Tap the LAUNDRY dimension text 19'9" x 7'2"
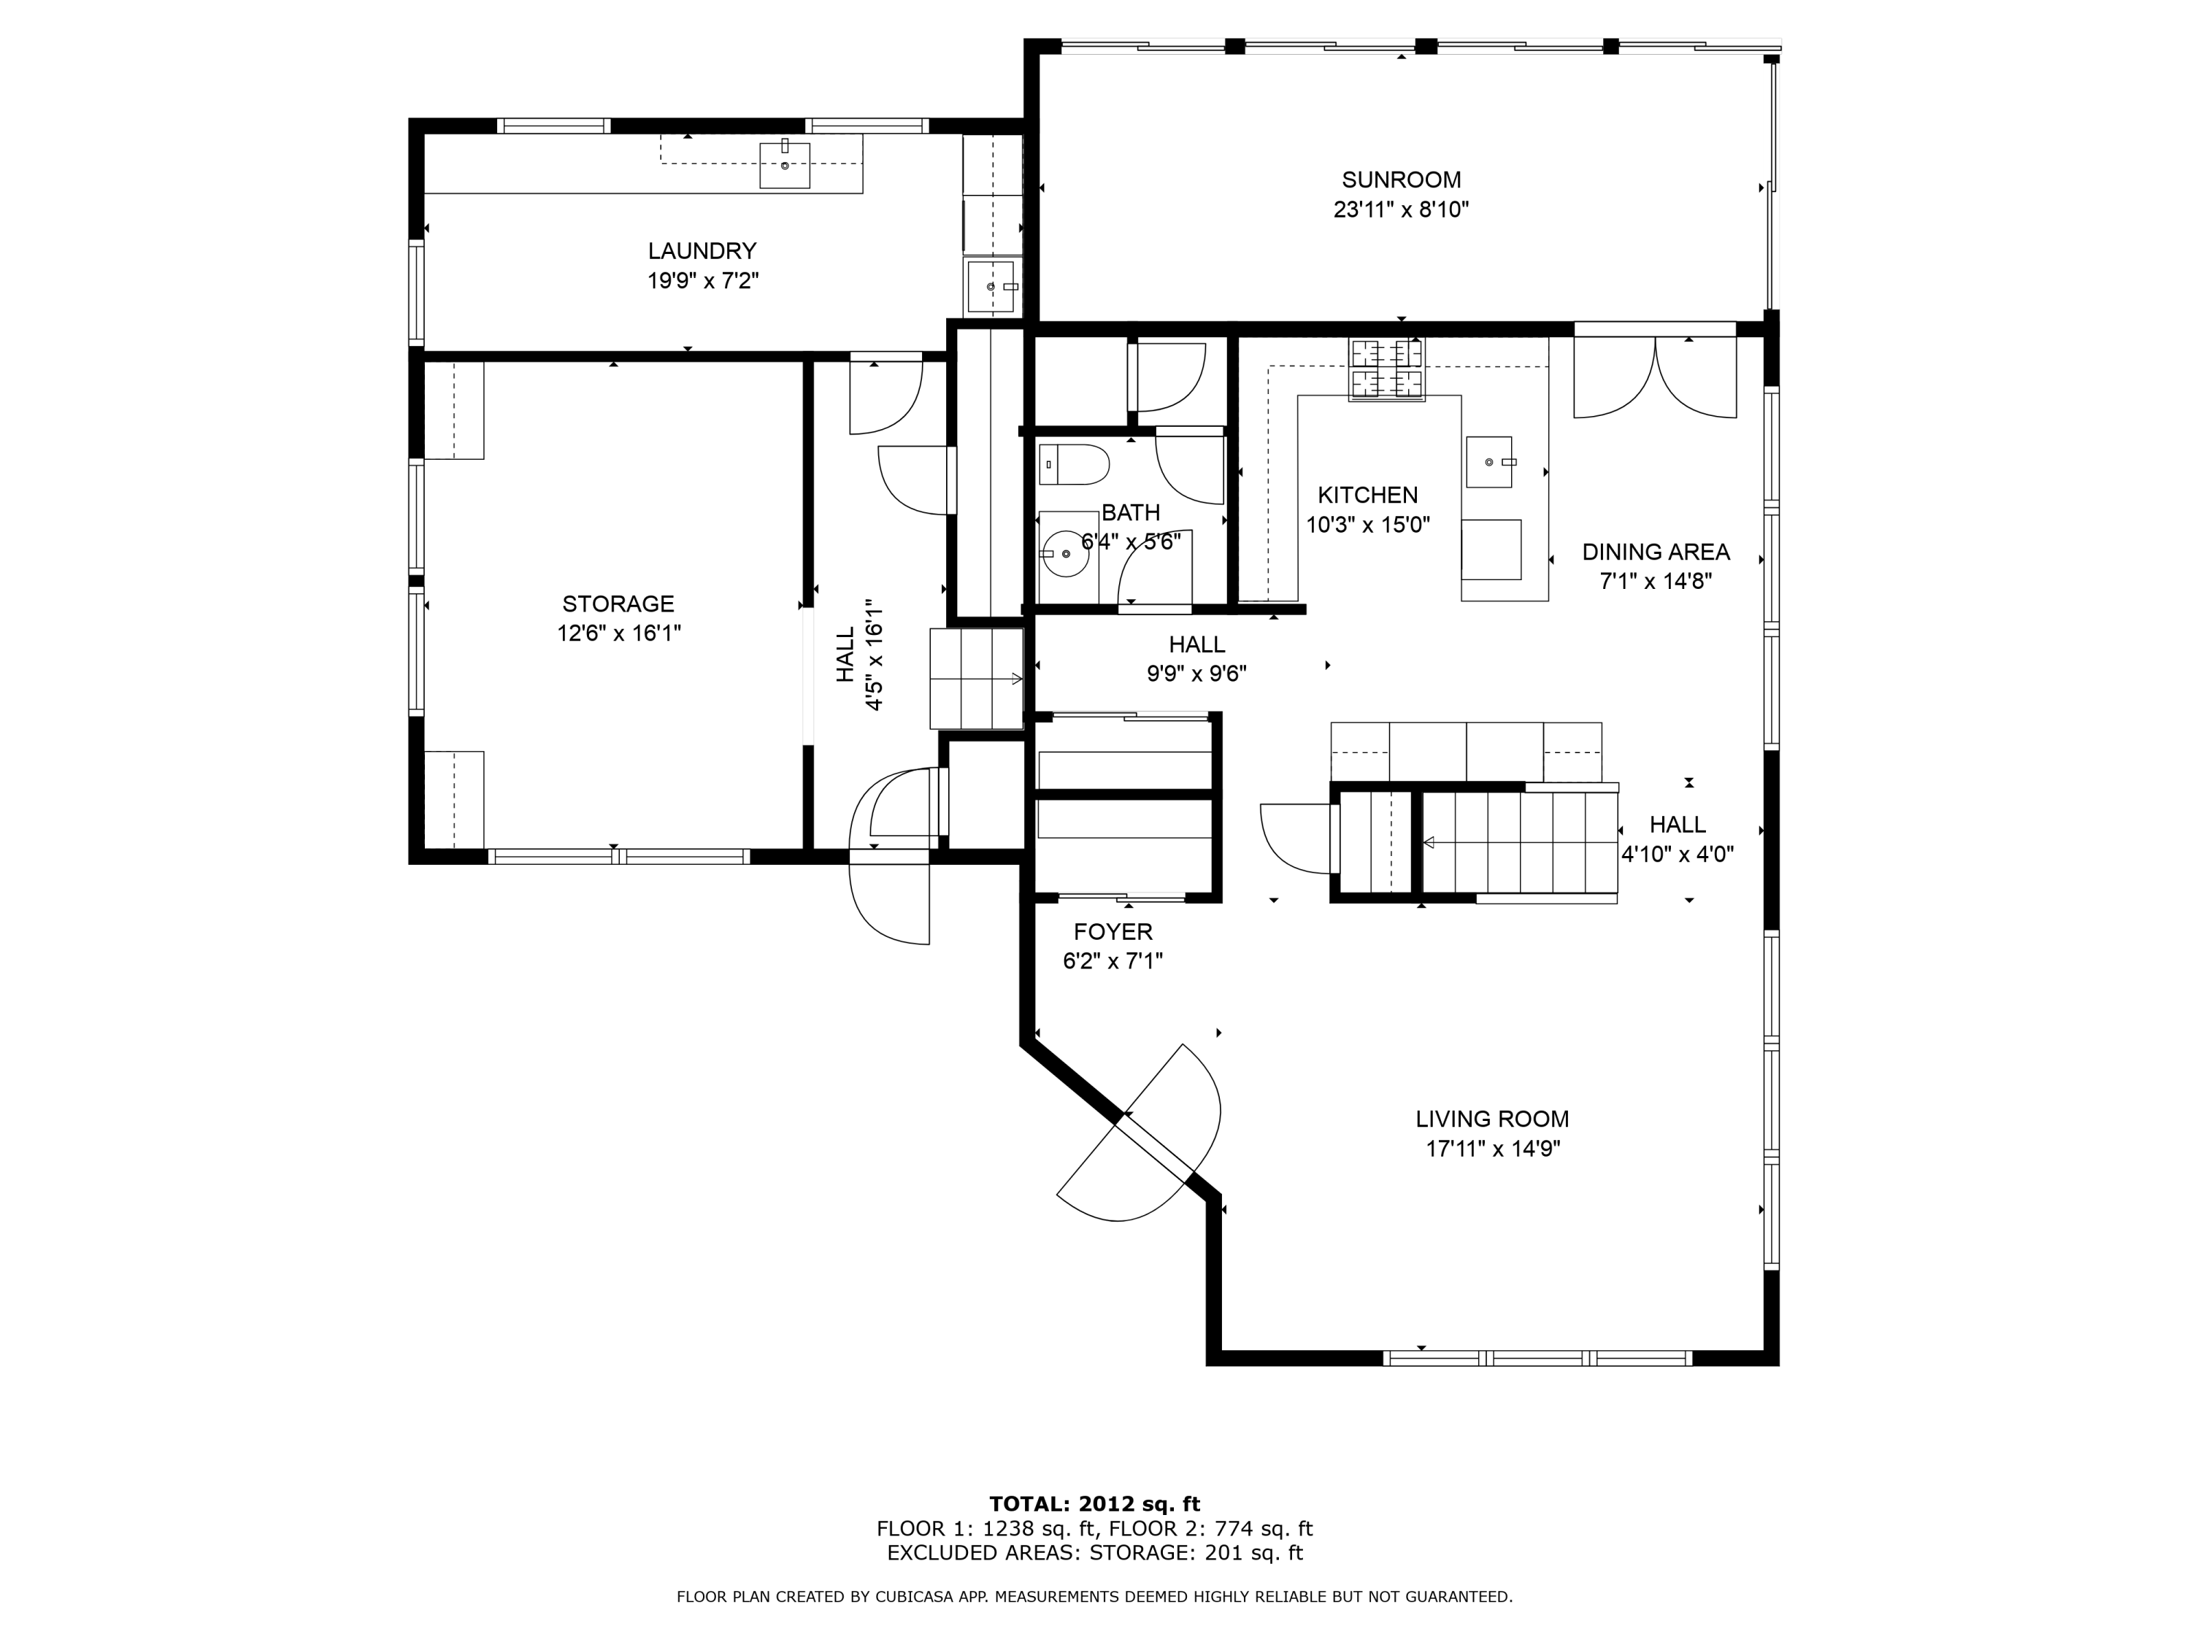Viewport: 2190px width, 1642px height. click(x=703, y=281)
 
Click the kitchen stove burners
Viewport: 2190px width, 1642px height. click(x=1386, y=370)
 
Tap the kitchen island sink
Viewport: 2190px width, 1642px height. click(x=1489, y=462)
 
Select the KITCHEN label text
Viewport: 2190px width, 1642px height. click(x=1367, y=495)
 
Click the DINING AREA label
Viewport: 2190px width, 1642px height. click(x=1656, y=552)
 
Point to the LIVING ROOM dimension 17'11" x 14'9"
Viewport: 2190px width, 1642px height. click(x=1493, y=1149)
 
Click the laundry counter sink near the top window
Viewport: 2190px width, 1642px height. click(x=785, y=164)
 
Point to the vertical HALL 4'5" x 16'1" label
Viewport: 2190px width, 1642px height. click(x=859, y=654)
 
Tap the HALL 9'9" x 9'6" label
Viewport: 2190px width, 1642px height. click(x=1197, y=659)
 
